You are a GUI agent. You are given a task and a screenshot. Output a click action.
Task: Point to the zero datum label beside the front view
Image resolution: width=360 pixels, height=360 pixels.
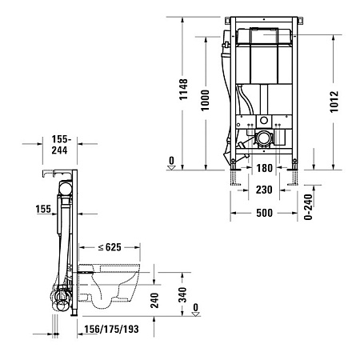click(170, 161)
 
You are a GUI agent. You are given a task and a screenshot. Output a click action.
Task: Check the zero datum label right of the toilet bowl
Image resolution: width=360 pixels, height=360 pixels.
click(196, 312)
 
